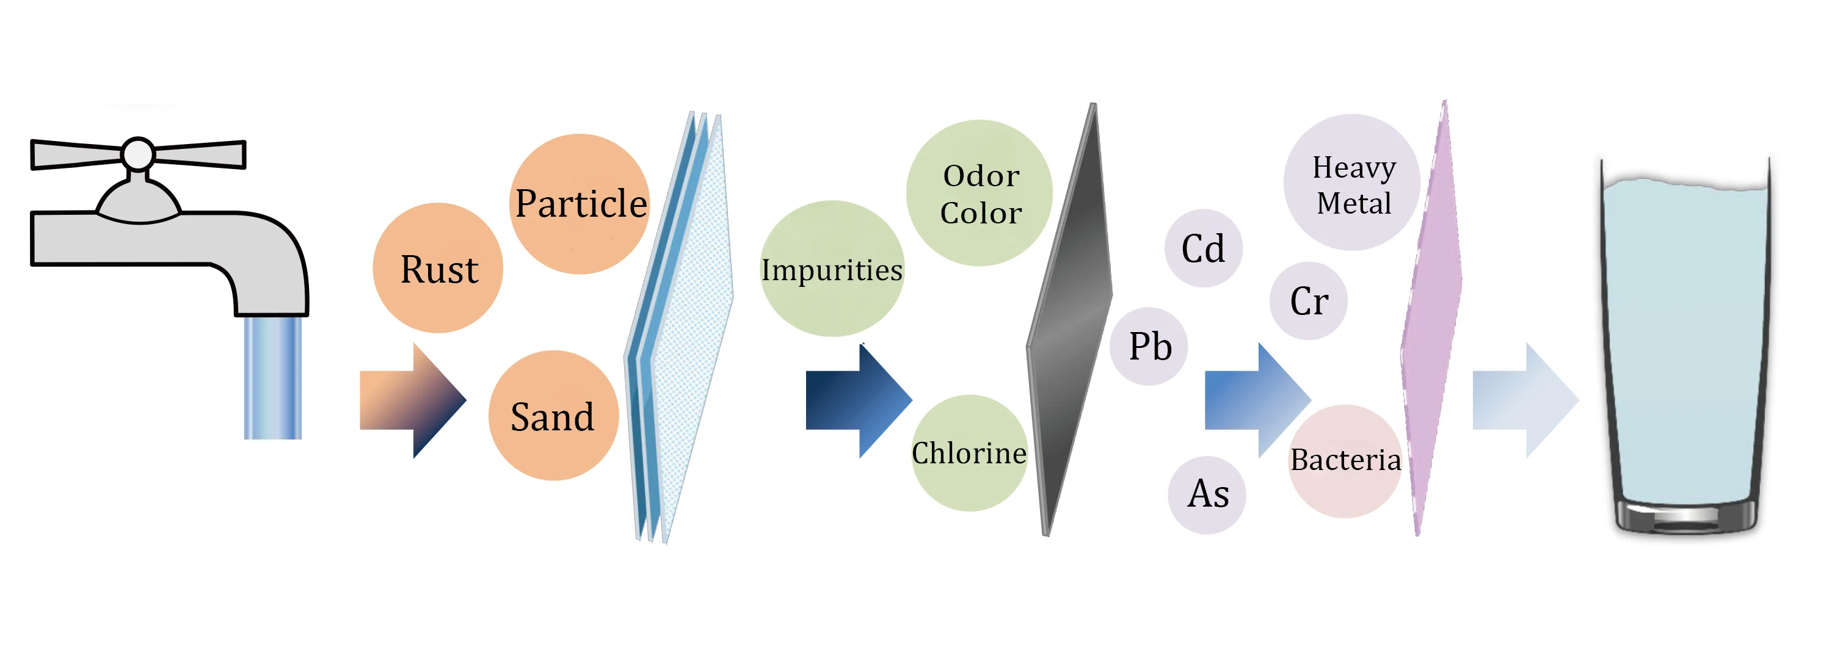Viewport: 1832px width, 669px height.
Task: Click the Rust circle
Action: pos(437,268)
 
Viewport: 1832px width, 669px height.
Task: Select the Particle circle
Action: pos(580,204)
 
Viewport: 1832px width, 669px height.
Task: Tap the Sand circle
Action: pos(553,416)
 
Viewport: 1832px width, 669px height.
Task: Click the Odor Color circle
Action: pos(980,193)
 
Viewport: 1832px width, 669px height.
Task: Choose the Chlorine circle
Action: pos(969,454)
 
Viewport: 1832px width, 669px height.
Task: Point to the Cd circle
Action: pos(1203,248)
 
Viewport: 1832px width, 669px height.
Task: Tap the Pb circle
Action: pos(1149,346)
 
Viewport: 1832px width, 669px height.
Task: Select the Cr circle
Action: pos(1309,301)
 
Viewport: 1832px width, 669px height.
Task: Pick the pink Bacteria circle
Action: pos(1344,461)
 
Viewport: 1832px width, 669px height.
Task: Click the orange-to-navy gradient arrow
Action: pos(412,400)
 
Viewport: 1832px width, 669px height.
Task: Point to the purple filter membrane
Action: pos(1431,320)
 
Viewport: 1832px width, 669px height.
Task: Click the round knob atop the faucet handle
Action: pos(138,154)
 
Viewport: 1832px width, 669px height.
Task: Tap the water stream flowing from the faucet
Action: pos(273,377)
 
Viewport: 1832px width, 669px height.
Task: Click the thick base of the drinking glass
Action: pos(1685,517)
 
